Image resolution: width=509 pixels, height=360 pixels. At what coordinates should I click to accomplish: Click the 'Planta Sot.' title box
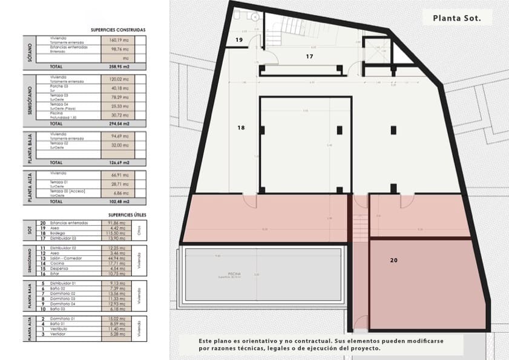457,18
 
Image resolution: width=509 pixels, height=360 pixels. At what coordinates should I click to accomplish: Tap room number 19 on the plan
239,41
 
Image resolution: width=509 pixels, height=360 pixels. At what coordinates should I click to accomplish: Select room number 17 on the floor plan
309,56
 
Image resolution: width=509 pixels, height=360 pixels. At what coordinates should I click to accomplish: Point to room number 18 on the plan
241,128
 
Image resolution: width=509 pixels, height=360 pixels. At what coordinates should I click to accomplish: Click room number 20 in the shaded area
394,260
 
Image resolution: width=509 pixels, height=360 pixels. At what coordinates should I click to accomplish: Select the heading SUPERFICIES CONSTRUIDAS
118,30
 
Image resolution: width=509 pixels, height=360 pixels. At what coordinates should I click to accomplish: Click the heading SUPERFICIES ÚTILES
125,215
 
